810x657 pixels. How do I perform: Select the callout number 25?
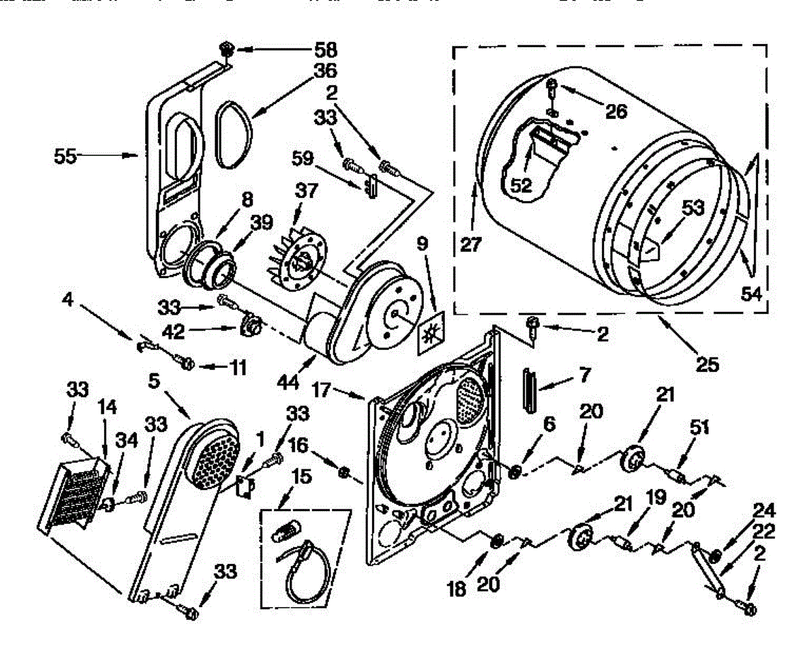[707, 365]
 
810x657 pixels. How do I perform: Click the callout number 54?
[752, 295]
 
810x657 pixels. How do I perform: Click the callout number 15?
[300, 477]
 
